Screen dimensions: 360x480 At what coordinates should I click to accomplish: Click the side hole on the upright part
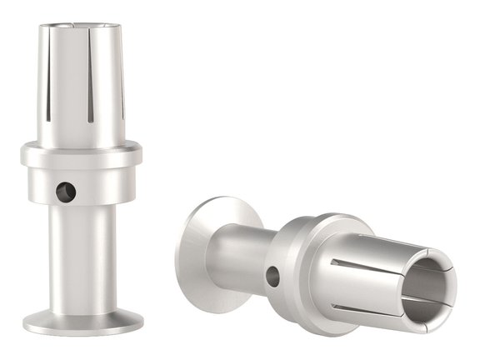point(66,192)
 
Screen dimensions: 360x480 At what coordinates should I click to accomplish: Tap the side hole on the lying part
point(273,277)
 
